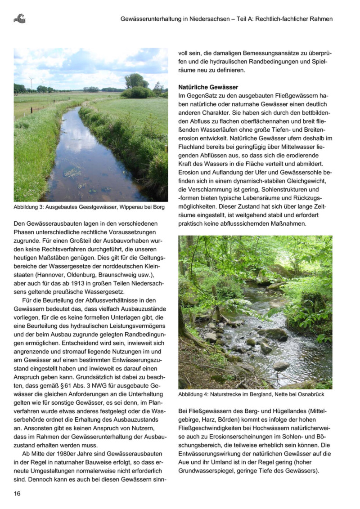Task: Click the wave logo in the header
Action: (19, 18)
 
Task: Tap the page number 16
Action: (18, 493)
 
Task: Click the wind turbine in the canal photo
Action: (31, 82)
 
